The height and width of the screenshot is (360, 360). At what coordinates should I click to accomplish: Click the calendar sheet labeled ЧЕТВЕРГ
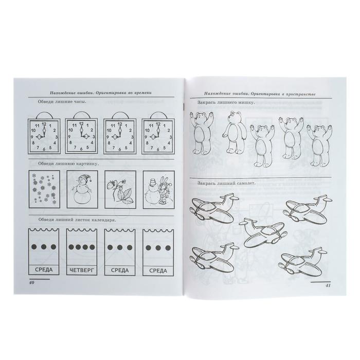click(81, 251)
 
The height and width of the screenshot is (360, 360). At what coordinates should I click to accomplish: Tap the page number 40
click(31, 283)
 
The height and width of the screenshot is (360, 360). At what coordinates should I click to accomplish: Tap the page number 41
click(328, 285)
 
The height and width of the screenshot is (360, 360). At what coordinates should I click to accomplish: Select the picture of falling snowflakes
click(44, 189)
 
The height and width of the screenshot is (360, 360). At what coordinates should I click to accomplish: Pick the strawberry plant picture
click(120, 189)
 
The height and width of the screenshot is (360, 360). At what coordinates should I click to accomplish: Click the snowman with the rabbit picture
click(158, 190)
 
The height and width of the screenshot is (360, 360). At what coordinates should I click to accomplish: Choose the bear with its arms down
click(234, 133)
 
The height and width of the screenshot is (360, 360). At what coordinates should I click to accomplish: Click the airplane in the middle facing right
click(263, 233)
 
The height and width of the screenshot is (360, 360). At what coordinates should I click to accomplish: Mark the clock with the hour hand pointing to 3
click(81, 136)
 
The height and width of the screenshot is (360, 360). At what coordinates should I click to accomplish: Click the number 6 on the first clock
click(44, 149)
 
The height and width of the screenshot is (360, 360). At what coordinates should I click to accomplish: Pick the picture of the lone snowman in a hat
click(82, 189)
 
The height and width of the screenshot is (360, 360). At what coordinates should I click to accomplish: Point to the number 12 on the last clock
click(158, 124)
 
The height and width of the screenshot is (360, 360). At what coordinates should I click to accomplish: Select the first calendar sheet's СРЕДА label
click(44, 270)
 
